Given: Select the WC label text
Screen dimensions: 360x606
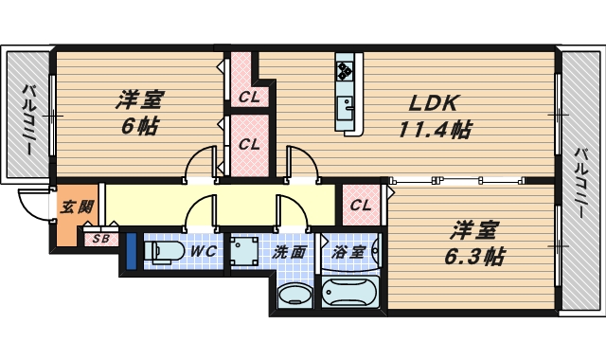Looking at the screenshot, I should click(204, 252).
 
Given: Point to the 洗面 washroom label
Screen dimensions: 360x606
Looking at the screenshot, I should click(290, 252).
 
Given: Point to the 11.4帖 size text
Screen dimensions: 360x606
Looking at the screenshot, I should click(435, 130).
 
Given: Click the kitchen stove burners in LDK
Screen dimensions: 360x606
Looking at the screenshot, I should click(344, 71).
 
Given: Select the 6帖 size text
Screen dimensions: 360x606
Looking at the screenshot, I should click(139, 125).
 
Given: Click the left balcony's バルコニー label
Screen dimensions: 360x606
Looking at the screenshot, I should click(28, 118).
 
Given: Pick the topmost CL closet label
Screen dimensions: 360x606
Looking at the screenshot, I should click(248, 96).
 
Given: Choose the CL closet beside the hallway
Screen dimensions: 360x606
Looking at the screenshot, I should click(361, 206).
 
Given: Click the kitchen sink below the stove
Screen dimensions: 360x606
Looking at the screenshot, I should click(345, 103).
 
